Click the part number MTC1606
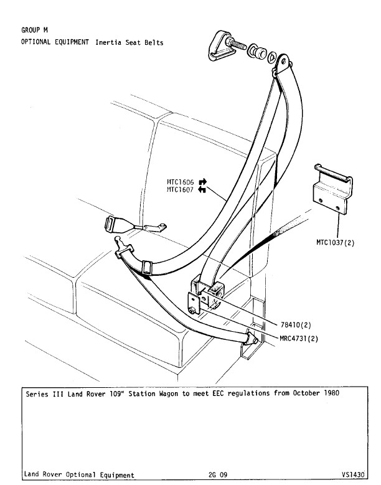tap(181, 182)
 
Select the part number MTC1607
tap(181, 190)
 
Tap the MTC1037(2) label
tap(335, 243)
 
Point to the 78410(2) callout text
tap(296, 325)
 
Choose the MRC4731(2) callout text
tap(299, 339)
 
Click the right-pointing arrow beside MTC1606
tap(202, 182)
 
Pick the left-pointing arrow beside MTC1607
tap(202, 189)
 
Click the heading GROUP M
tap(35, 30)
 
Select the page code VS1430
tap(352, 474)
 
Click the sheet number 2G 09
tap(218, 475)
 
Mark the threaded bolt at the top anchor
tap(237, 44)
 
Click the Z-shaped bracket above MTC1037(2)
tap(333, 189)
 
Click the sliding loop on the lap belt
tap(146, 268)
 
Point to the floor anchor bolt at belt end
tap(252, 339)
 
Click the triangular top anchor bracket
tap(219, 47)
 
